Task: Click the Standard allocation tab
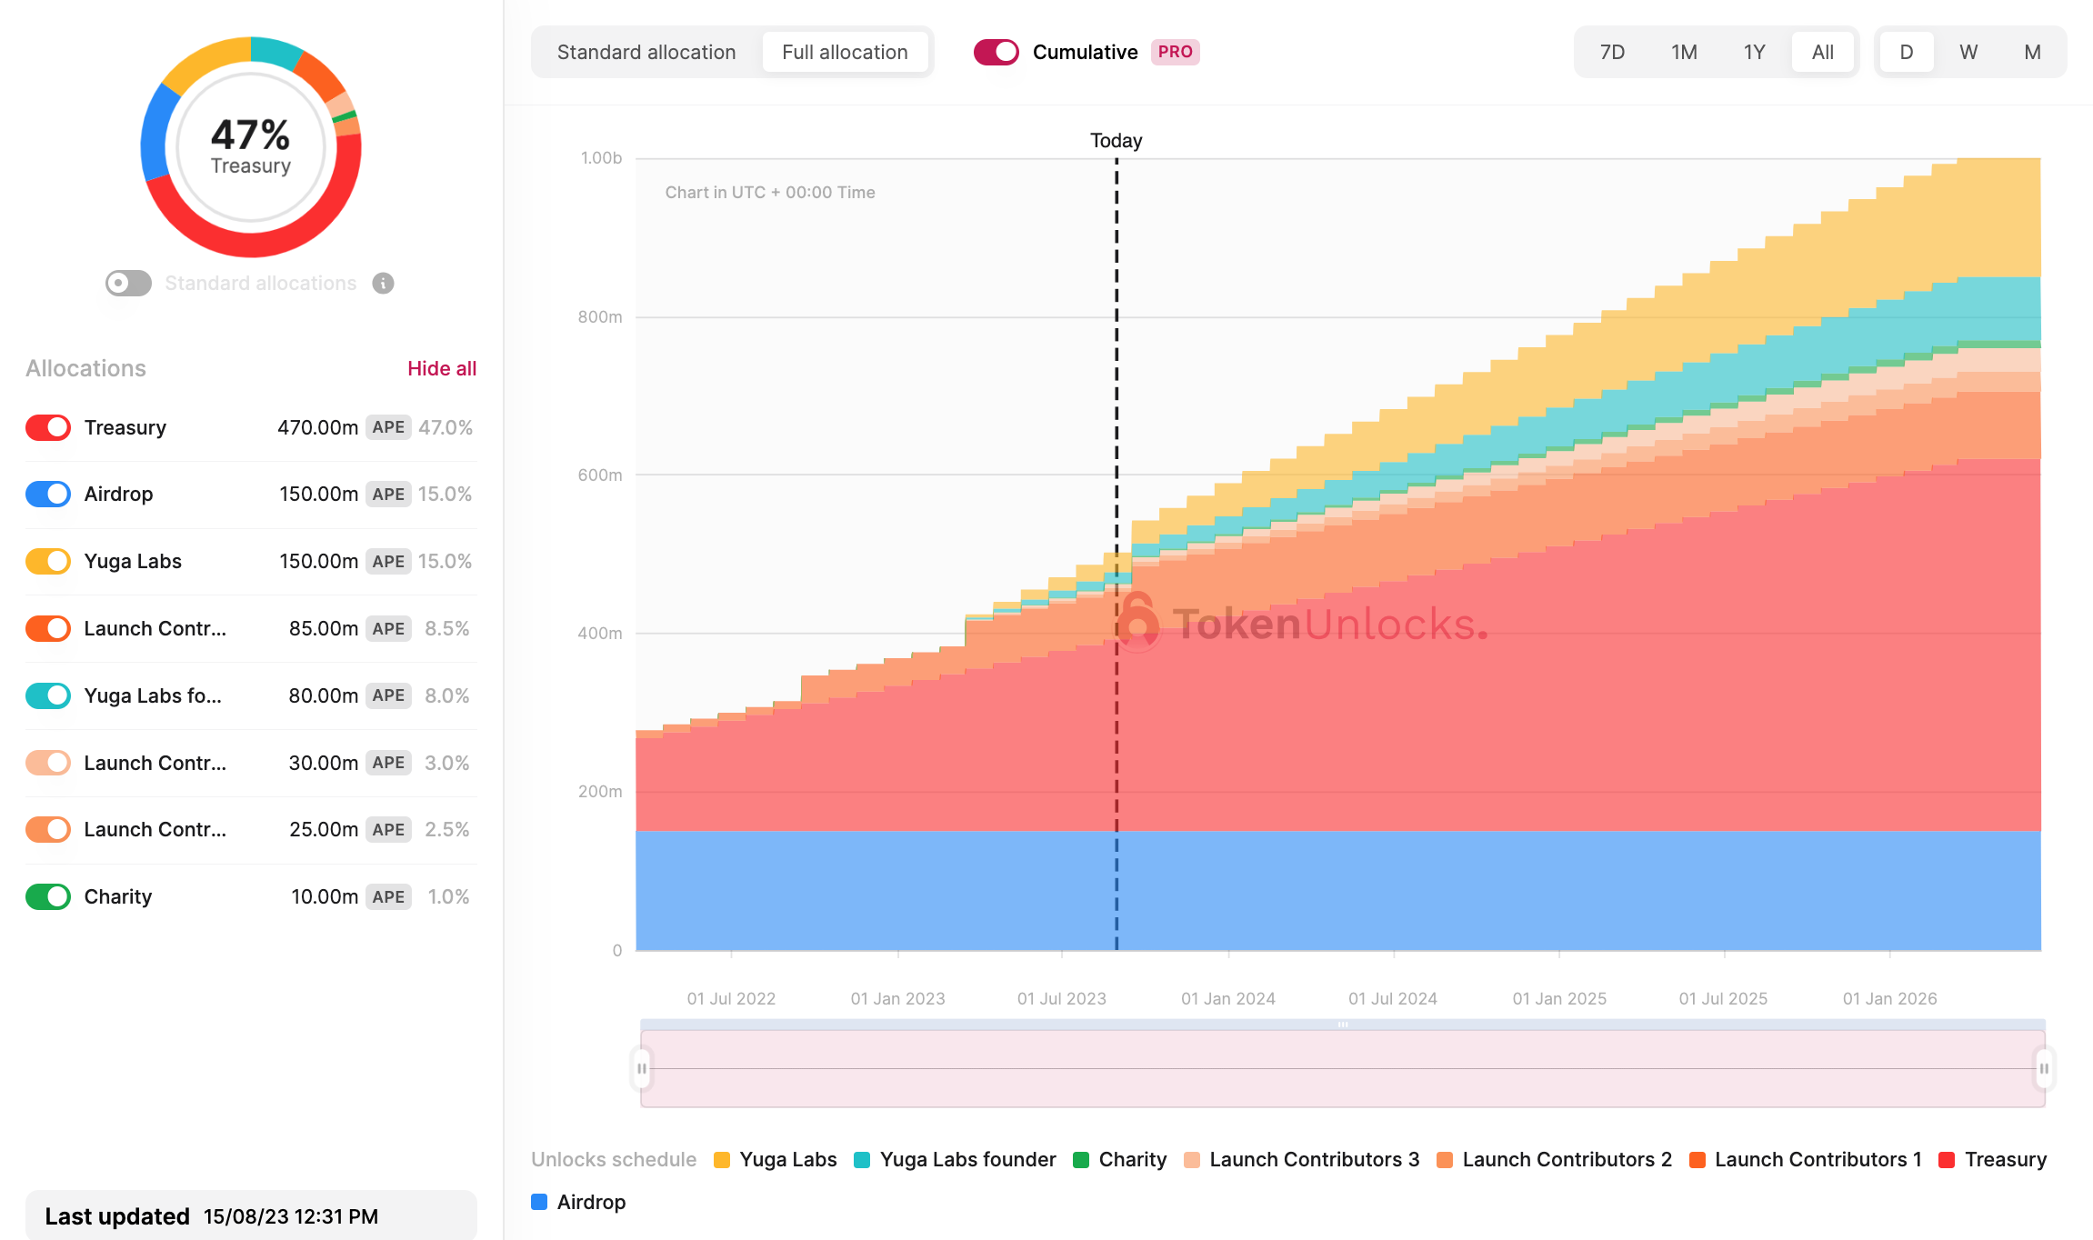click(x=646, y=53)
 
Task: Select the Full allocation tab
click(x=845, y=53)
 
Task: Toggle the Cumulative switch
click(x=996, y=53)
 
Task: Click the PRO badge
click(x=1175, y=53)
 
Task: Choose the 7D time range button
click(x=1612, y=53)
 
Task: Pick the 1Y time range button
click(x=1754, y=53)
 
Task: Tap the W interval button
click(x=1968, y=53)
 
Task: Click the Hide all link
click(x=442, y=368)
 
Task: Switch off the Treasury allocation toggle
click(x=48, y=427)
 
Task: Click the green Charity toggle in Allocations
click(x=48, y=896)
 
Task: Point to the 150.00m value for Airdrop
click(x=318, y=494)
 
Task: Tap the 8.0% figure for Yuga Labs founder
click(x=446, y=695)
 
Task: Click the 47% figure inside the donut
click(x=250, y=135)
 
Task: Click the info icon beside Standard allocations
click(x=384, y=284)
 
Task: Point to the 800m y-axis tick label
click(x=600, y=316)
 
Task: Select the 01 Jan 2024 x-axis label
click(x=1227, y=998)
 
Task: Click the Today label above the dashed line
click(x=1116, y=141)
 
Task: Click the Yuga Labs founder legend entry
click(x=967, y=1159)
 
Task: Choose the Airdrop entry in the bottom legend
click(x=591, y=1202)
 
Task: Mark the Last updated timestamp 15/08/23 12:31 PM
click(x=291, y=1216)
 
